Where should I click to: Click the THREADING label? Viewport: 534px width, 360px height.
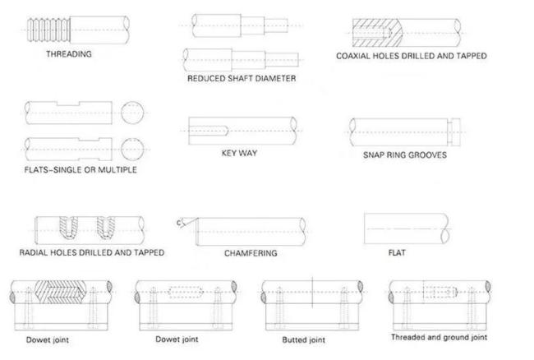[x=69, y=55]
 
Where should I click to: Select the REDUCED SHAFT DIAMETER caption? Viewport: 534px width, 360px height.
[x=241, y=79]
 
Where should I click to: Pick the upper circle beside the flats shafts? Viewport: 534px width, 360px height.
[x=132, y=113]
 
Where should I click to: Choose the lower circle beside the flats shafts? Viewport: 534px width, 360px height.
[x=132, y=149]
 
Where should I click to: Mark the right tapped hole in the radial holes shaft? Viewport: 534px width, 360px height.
[x=106, y=226]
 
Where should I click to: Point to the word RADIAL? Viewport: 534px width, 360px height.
[x=38, y=252]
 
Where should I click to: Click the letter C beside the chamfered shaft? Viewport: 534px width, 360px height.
[x=179, y=222]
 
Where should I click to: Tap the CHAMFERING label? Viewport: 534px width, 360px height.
[x=251, y=253]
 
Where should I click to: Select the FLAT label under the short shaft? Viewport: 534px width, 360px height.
[x=397, y=253]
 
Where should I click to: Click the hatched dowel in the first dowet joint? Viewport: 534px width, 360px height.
[x=59, y=293]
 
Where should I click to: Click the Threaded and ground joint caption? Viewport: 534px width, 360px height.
[x=440, y=336]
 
